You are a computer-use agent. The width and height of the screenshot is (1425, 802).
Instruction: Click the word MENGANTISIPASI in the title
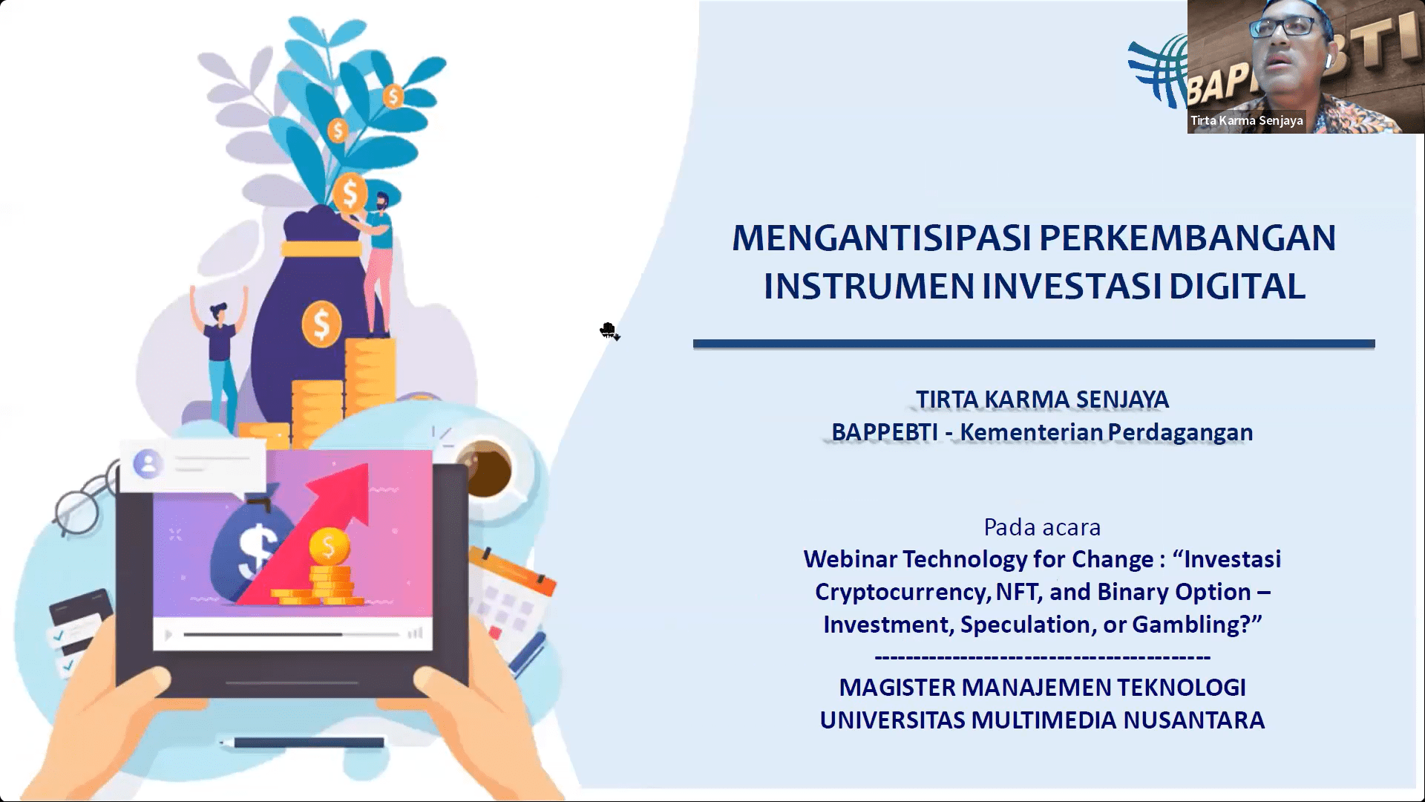(881, 238)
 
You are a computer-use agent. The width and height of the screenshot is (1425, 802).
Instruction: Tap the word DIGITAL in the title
(1236, 287)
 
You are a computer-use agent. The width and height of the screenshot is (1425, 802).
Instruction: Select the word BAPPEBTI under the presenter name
(884, 432)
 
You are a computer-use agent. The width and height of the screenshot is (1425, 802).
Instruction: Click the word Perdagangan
(1180, 433)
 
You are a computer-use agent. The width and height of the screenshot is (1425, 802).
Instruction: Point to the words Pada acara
(1042, 527)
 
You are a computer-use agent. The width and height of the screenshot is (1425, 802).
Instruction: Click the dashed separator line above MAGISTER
(1042, 657)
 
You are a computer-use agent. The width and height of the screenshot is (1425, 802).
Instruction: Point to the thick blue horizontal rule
(1034, 344)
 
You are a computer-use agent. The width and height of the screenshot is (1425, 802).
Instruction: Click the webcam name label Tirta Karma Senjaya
(1247, 120)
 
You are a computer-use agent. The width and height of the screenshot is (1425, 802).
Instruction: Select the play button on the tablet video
(168, 635)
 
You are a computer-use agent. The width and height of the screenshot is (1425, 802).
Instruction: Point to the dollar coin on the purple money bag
(321, 324)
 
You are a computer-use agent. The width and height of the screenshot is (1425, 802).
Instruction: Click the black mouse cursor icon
(609, 331)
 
